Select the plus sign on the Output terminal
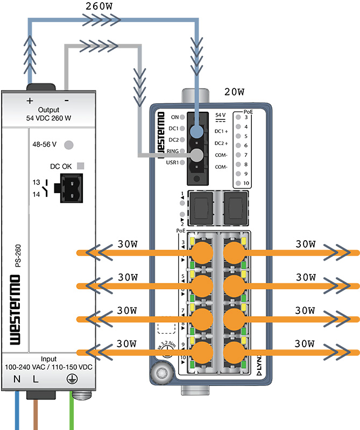pos(30,101)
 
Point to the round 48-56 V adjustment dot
pos(68,145)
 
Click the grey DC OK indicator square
pos(80,166)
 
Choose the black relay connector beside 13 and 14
pos(71,188)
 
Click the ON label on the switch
pos(174,117)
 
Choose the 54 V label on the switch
pos(220,115)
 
